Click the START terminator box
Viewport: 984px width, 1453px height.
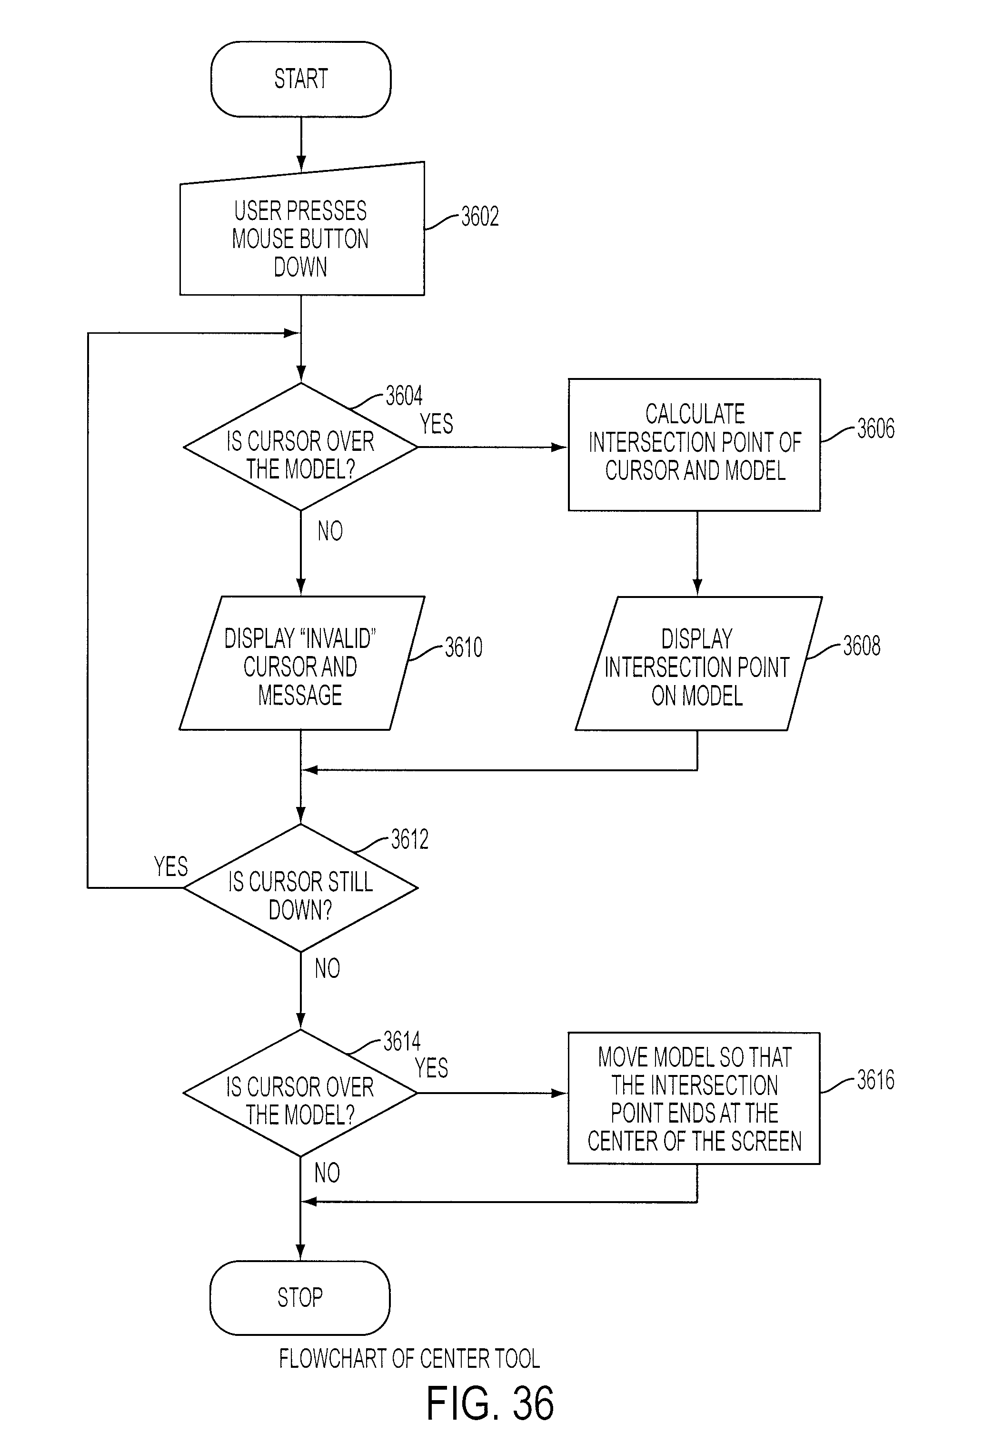(x=301, y=80)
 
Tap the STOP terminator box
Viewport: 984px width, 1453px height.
(x=300, y=1298)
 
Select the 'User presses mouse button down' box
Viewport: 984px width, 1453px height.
(x=302, y=229)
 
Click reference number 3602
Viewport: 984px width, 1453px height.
(x=479, y=216)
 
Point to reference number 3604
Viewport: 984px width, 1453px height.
(x=404, y=396)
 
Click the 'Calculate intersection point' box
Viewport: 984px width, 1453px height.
(x=694, y=445)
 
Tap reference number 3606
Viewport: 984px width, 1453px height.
(x=875, y=428)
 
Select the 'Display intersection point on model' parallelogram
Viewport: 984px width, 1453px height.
(x=698, y=663)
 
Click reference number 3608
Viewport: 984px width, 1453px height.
(x=862, y=646)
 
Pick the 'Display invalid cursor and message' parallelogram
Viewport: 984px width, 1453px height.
(x=302, y=663)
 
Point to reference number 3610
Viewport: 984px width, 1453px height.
(x=463, y=647)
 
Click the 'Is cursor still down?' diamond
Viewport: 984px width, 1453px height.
(x=301, y=888)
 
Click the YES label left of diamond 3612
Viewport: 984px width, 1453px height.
(x=171, y=866)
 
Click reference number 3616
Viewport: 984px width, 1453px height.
(x=875, y=1080)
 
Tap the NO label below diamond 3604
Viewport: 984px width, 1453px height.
(x=330, y=531)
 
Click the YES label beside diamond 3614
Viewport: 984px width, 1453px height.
(x=431, y=1068)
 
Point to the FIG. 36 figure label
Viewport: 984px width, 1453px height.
(x=490, y=1403)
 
